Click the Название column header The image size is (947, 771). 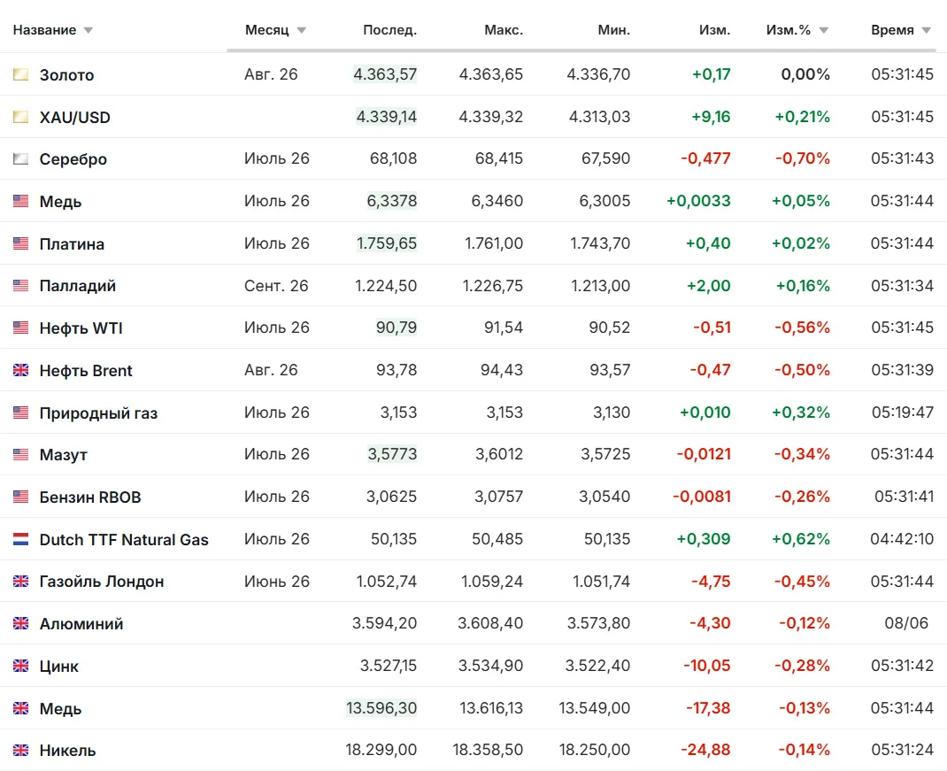click(44, 30)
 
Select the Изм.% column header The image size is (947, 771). click(789, 30)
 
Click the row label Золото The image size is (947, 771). click(67, 75)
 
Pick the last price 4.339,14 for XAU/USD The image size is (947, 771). click(387, 117)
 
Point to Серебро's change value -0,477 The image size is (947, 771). click(705, 158)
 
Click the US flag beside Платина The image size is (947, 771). click(20, 243)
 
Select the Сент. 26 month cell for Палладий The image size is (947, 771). click(276, 285)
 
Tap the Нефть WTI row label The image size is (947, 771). click(81, 328)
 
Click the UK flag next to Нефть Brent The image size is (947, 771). click(20, 370)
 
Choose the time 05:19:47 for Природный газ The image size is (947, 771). click(903, 412)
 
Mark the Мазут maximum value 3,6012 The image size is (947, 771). click(499, 454)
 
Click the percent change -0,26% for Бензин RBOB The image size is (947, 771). click(802, 497)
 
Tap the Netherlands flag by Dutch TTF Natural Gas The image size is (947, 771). click(20, 539)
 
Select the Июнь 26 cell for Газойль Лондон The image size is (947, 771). click(277, 582)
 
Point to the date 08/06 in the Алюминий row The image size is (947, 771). click(906, 623)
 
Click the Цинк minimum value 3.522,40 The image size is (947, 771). click(598, 666)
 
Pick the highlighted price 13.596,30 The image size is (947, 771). click(381, 707)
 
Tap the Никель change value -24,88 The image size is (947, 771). click(705, 750)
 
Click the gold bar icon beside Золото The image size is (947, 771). click(20, 74)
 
